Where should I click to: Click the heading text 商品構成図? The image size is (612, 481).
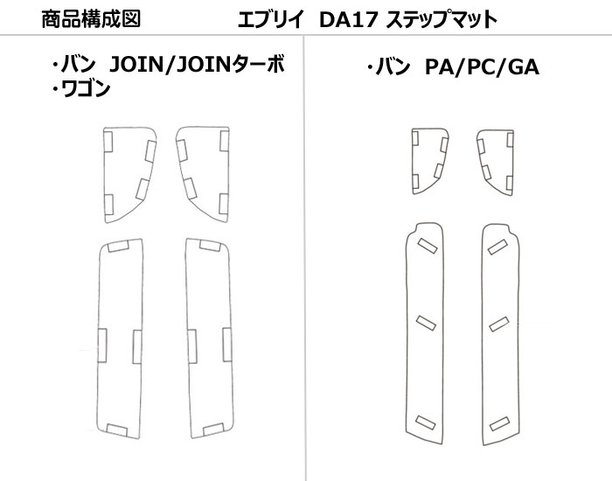[90, 18]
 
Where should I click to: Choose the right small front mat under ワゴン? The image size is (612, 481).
[203, 172]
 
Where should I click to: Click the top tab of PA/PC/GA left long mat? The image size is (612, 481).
[428, 245]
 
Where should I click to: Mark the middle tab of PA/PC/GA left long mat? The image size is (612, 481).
[427, 324]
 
